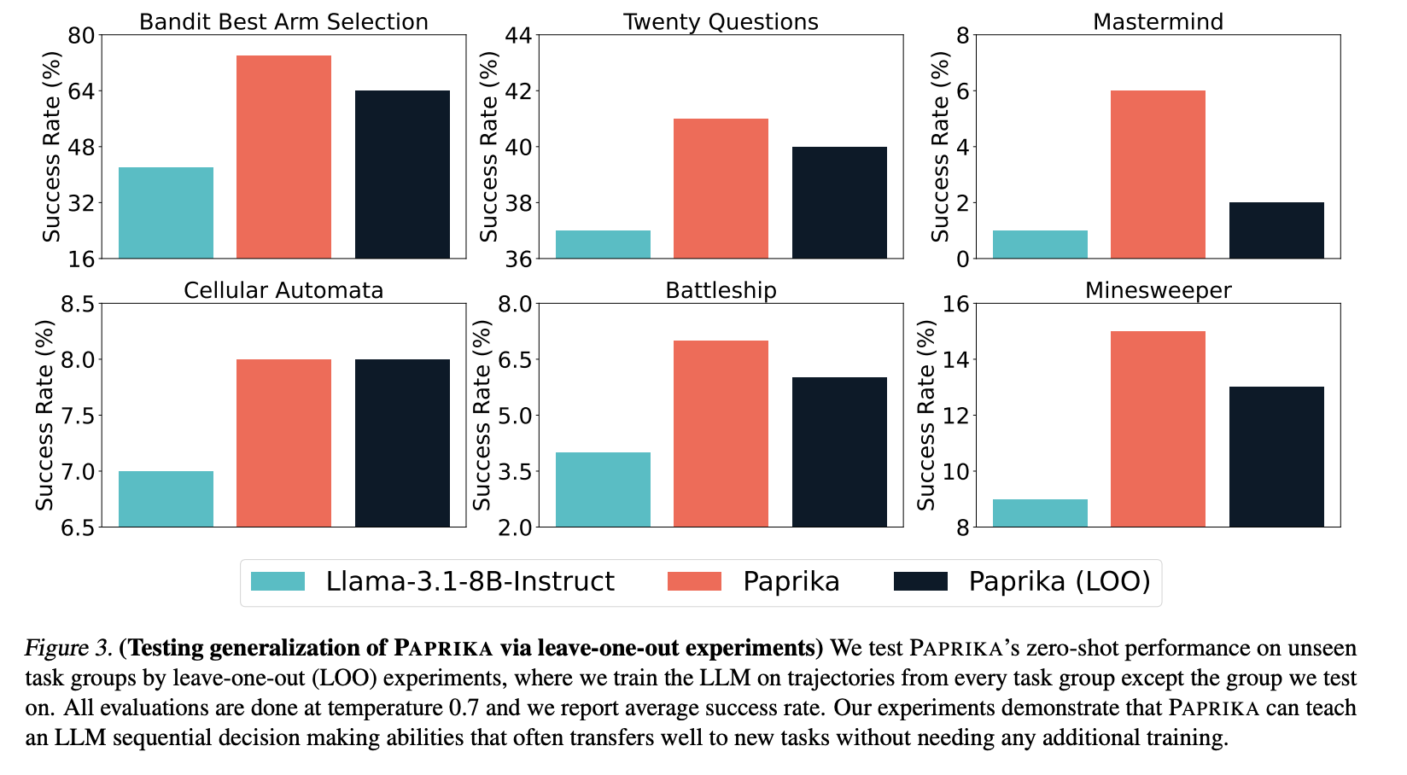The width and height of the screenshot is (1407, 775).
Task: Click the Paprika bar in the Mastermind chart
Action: coord(1158,174)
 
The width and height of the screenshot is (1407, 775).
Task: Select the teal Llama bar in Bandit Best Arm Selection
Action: coord(166,213)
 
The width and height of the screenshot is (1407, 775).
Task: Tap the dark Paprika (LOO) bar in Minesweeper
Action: coord(1276,457)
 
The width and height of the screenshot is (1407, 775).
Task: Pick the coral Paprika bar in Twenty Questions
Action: coord(721,189)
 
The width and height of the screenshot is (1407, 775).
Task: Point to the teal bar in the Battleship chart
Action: coord(603,489)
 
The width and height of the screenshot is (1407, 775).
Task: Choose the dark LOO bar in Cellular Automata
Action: coord(402,443)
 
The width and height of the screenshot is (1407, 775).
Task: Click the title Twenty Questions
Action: coord(721,22)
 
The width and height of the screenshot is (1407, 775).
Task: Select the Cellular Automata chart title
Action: coord(283,290)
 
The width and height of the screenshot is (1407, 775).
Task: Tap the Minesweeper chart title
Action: coord(1158,290)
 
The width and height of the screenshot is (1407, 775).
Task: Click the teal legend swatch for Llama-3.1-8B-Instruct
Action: coord(277,581)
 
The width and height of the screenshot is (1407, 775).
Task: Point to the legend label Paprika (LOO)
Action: coord(1059,581)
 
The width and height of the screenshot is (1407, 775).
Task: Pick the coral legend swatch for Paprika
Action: coord(694,581)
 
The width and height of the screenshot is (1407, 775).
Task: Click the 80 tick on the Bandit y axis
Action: coord(81,35)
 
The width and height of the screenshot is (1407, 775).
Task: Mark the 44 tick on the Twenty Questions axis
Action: coord(518,35)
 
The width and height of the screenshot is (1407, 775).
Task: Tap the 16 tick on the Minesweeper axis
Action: coord(955,304)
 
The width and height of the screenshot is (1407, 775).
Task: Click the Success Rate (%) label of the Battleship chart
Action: coord(482,415)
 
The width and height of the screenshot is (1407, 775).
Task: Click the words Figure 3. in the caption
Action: coord(68,648)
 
